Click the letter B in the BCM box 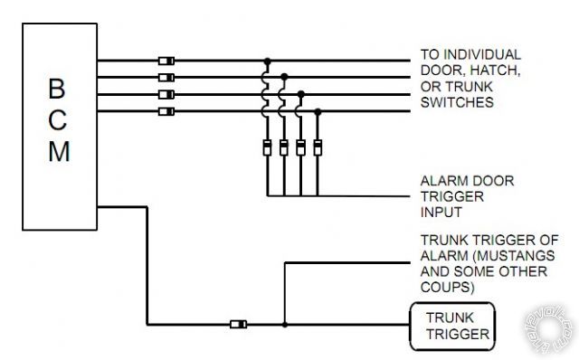pyautogui.click(x=57, y=90)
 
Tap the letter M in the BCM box pyautogui.click(x=57, y=151)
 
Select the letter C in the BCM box pyautogui.click(x=57, y=120)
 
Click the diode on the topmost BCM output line pyautogui.click(x=166, y=61)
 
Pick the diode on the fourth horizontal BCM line pyautogui.click(x=166, y=111)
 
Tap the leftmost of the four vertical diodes pyautogui.click(x=267, y=147)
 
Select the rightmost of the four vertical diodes pyautogui.click(x=318, y=147)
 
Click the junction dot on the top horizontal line pyautogui.click(x=267, y=61)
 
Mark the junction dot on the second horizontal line pyautogui.click(x=284, y=77)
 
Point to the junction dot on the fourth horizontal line pyautogui.click(x=318, y=111)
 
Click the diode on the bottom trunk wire pyautogui.click(x=239, y=324)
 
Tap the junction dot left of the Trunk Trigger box pyautogui.click(x=284, y=324)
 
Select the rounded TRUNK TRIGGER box pyautogui.click(x=453, y=327)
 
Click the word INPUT pyautogui.click(x=441, y=213)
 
